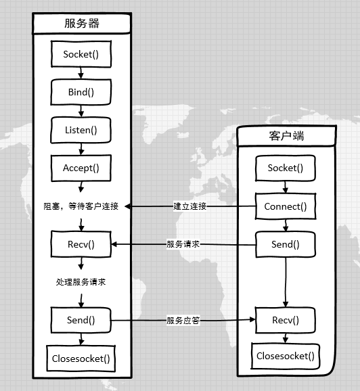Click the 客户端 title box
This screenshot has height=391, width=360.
pyautogui.click(x=286, y=136)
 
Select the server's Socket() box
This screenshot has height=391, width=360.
pyautogui.click(x=81, y=54)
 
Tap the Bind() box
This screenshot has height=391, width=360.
pyautogui.click(x=81, y=91)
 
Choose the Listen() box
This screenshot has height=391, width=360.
pyautogui.click(x=81, y=129)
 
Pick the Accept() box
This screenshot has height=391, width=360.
pyautogui.click(x=81, y=168)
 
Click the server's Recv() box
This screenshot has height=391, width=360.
pyautogui.click(x=81, y=244)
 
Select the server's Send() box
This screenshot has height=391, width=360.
pyautogui.click(x=81, y=320)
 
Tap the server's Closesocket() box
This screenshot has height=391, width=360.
pyautogui.click(x=81, y=358)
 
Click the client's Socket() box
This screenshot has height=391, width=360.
pyautogui.click(x=286, y=168)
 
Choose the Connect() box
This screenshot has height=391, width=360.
pyautogui.click(x=286, y=206)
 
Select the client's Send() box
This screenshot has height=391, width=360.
pyautogui.click(x=286, y=244)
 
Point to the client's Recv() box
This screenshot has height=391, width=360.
pyautogui.click(x=286, y=320)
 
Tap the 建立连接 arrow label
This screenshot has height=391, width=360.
pyautogui.click(x=189, y=206)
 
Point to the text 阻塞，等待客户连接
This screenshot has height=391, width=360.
pyautogui.click(x=81, y=206)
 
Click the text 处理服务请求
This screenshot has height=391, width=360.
pyautogui.click(x=81, y=282)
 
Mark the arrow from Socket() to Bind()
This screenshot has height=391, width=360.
pyautogui.click(x=81, y=72)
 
